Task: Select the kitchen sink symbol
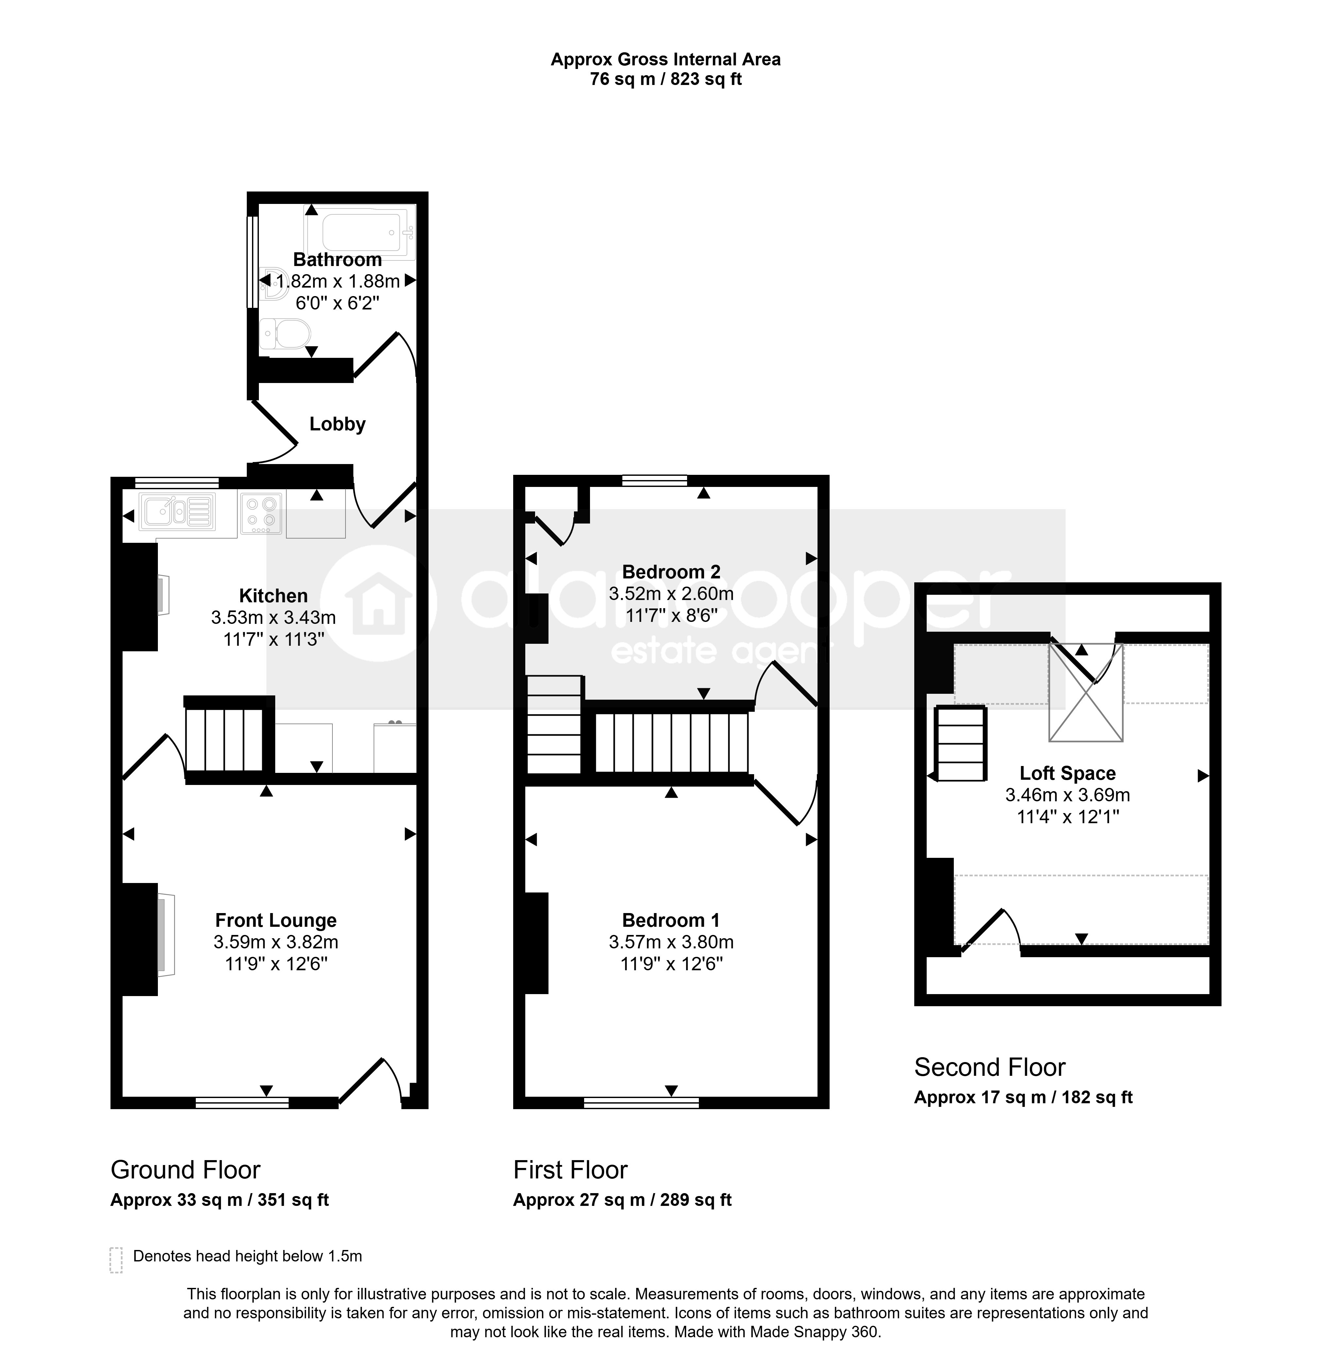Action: point(178,511)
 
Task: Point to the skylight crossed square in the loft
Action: point(1086,692)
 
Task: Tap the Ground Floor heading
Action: point(185,1170)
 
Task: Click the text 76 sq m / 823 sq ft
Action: point(665,79)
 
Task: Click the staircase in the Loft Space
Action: point(961,743)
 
